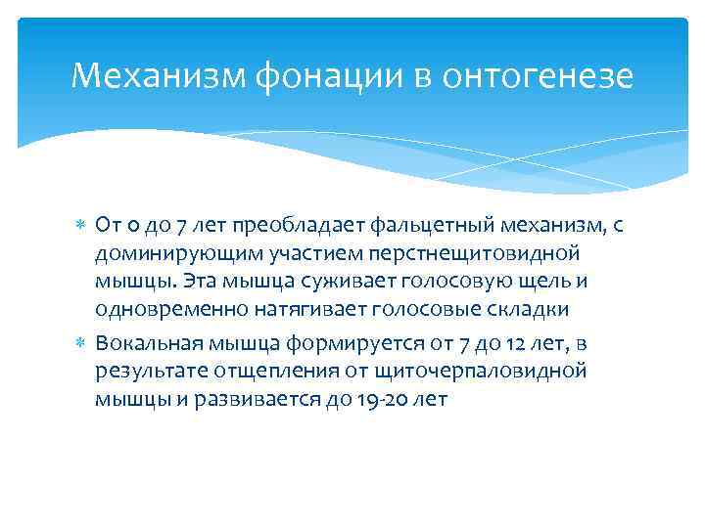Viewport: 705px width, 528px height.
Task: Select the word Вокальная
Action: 143,344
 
